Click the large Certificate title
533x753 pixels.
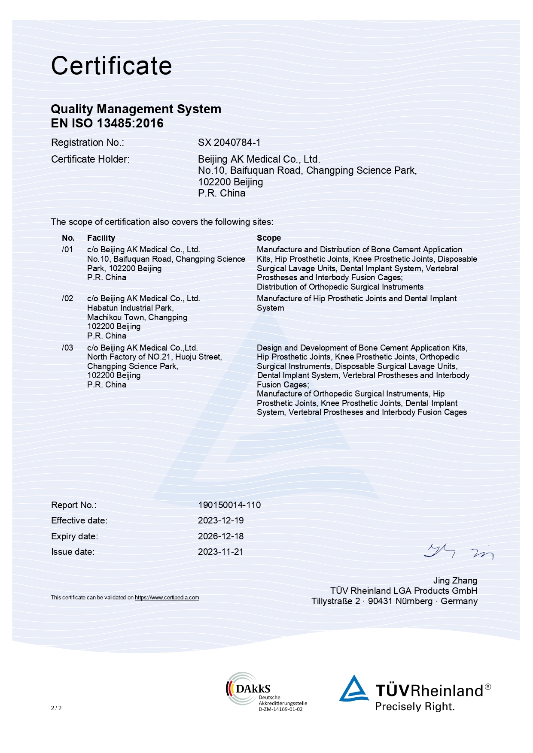[111, 66]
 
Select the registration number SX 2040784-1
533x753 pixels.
[229, 142]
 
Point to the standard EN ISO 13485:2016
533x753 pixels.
[107, 124]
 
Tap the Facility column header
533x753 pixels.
[101, 238]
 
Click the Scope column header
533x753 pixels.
[268, 238]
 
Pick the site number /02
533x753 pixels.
[67, 299]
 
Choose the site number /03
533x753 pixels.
[67, 348]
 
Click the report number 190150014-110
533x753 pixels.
[229, 505]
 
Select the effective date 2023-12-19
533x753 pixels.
[220, 520]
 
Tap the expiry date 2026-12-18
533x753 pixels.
[220, 536]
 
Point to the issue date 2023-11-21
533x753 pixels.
[220, 552]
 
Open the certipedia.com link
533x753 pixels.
[167, 598]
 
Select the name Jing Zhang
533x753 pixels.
[455, 581]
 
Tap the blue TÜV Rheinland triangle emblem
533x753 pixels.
[354, 689]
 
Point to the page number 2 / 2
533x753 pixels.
[56, 708]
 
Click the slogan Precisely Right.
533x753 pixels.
[414, 707]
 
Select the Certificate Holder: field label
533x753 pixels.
[90, 160]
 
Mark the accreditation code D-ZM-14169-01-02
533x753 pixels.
[280, 709]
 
